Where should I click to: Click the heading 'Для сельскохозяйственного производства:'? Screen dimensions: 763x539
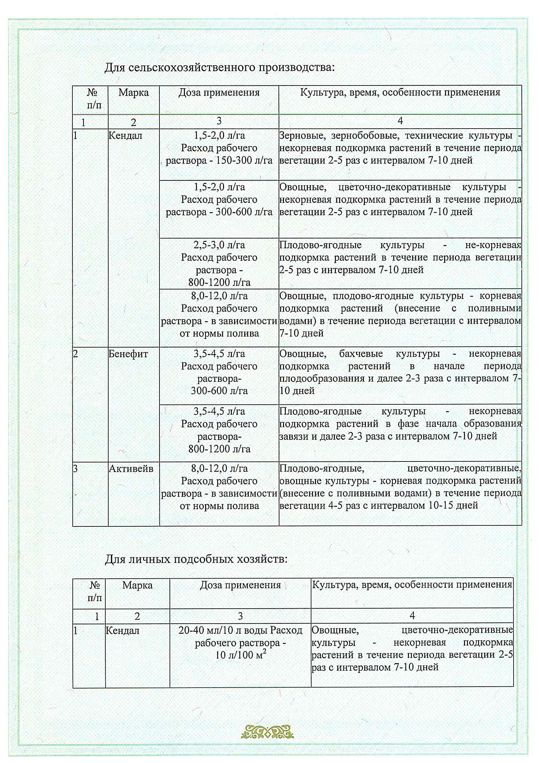point(219,68)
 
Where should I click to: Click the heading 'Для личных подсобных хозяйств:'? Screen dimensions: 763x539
point(196,560)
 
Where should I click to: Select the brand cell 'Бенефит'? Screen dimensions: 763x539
point(128,354)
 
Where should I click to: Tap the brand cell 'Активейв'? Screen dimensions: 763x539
point(131,469)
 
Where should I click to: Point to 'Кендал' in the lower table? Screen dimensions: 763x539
point(122,631)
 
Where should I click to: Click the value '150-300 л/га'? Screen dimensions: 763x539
point(244,161)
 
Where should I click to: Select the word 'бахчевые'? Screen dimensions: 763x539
point(361,353)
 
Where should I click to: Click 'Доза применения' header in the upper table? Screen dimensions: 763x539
point(219,92)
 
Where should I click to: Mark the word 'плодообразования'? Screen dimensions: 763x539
point(322,379)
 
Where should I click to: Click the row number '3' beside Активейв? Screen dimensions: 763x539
point(75,469)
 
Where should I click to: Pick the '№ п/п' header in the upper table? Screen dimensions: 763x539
point(93,99)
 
